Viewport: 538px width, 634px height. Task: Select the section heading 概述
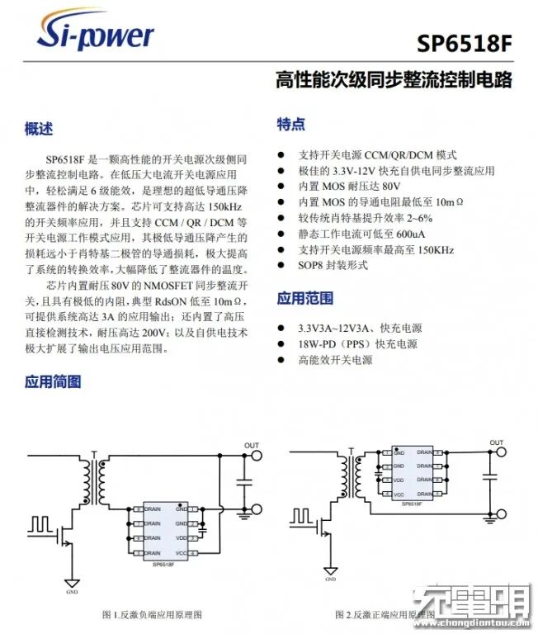(x=39, y=130)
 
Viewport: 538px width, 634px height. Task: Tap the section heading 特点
(x=290, y=125)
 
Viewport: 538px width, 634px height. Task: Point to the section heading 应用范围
(x=304, y=297)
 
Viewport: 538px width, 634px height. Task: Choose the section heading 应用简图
(x=53, y=381)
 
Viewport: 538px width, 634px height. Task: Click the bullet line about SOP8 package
(x=333, y=266)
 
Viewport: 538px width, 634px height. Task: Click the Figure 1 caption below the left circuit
(x=152, y=615)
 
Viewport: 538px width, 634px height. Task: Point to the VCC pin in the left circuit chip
(x=180, y=553)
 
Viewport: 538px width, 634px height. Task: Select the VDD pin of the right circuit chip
(x=399, y=480)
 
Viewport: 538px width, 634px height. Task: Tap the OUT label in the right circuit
(x=496, y=443)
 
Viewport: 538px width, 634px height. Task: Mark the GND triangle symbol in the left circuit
(x=72, y=582)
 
